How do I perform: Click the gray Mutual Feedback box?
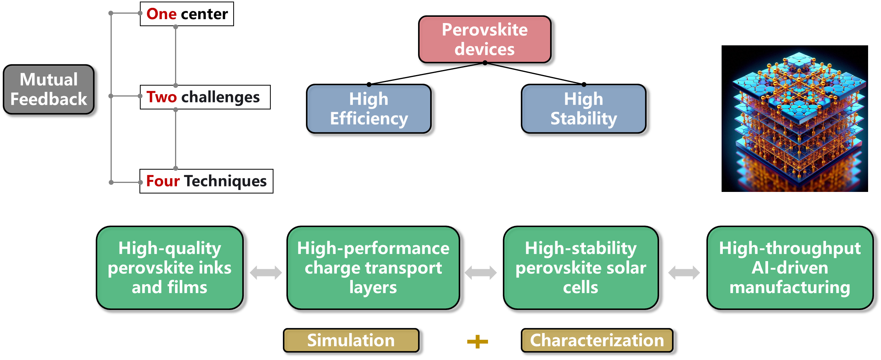coord(49,90)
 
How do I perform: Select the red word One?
coord(162,14)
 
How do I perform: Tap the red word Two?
coord(162,97)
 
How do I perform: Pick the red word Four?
coord(163,181)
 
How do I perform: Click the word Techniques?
coord(225,181)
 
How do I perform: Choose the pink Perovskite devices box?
coord(485,39)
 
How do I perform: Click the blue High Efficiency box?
coord(369,109)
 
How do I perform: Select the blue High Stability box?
coord(584,109)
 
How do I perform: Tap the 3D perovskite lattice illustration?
coord(795,118)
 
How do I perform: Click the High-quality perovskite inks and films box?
coord(170,268)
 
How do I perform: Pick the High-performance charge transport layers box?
coord(373,268)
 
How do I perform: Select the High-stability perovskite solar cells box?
coord(581,268)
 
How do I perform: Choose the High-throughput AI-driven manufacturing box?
coord(790,268)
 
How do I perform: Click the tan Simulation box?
coord(351,340)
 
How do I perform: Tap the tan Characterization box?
coord(597,340)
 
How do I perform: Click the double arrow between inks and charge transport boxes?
coord(266,272)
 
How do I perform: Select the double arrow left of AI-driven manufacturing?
coord(684,272)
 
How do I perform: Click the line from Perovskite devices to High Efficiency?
coord(427,73)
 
